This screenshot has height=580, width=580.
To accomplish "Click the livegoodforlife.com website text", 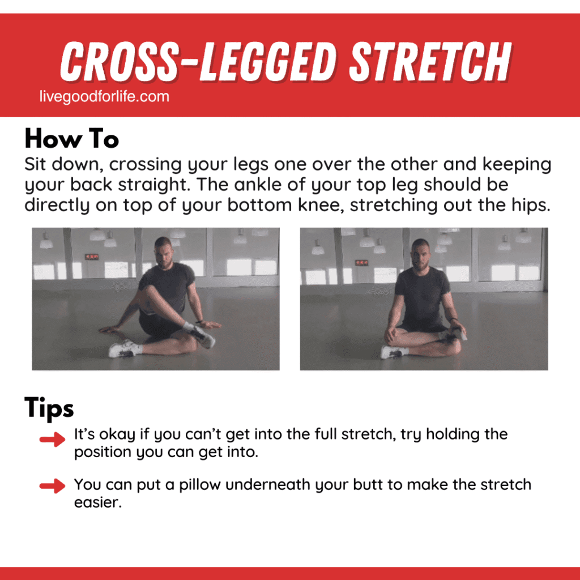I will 104,97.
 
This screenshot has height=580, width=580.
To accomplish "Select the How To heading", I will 71,139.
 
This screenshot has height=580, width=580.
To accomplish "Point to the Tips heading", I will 49,408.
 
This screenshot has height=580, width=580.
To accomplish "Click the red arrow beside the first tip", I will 53,441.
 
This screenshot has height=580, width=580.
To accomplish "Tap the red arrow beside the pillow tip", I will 53,485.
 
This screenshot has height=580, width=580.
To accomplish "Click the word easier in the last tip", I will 97,502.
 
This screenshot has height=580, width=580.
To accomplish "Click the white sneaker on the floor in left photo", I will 122,349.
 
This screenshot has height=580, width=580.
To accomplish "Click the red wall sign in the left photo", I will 91,257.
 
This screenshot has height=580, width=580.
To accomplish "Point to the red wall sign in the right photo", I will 361,263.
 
